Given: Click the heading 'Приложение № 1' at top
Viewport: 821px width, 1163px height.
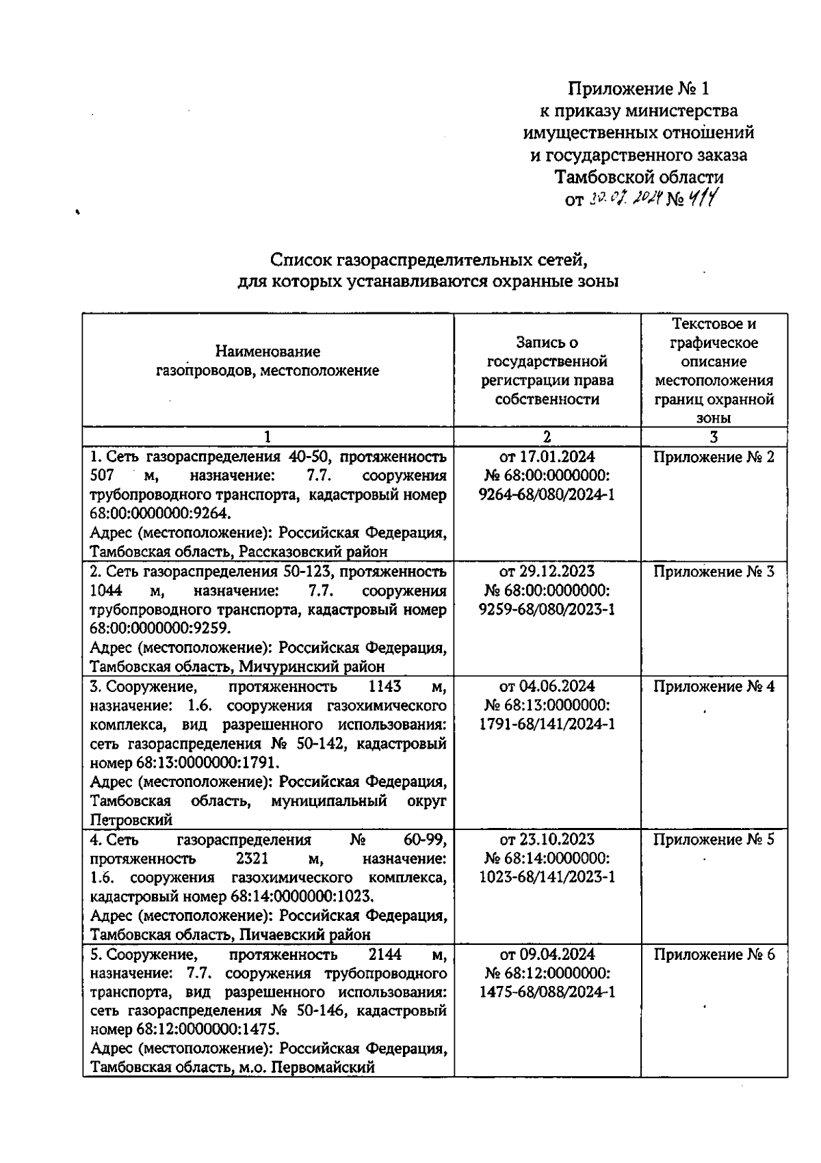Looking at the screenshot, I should (640, 89).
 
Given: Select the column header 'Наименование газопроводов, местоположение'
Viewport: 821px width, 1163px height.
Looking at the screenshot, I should (268, 362).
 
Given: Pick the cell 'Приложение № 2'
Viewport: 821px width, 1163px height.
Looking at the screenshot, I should (714, 457).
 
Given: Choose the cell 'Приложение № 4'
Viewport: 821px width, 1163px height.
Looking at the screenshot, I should (714, 686).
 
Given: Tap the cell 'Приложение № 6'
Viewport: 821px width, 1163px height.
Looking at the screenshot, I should (714, 954).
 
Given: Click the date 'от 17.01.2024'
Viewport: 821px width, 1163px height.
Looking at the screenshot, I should (547, 457).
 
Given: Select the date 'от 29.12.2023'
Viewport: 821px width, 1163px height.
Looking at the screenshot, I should (547, 572).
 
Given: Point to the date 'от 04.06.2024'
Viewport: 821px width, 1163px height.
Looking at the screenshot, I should (547, 686).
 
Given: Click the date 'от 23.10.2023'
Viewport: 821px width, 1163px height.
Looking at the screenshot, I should (547, 840).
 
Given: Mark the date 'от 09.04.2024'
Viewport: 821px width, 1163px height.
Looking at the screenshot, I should (547, 954).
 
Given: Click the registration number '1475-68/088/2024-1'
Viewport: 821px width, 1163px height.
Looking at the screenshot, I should (547, 992).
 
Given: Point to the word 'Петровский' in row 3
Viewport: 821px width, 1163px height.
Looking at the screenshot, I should (131, 820).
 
